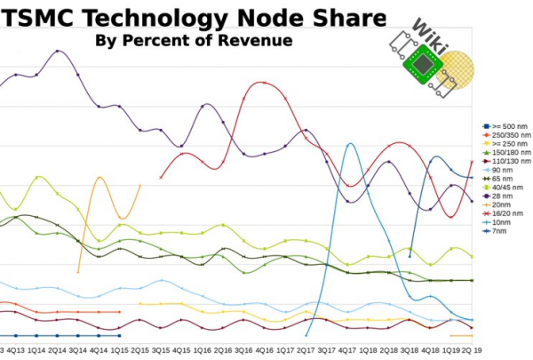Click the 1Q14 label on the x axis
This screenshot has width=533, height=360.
click(37, 351)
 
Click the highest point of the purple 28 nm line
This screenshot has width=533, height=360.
click(58, 51)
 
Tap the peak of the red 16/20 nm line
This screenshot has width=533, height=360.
click(262, 83)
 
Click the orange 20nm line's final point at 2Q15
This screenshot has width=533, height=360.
click(140, 185)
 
